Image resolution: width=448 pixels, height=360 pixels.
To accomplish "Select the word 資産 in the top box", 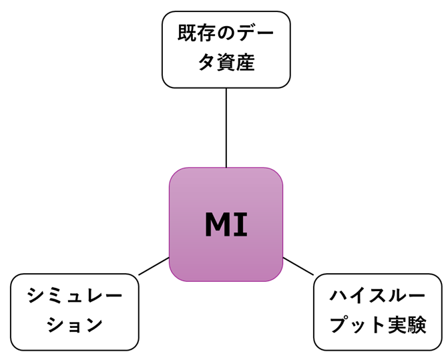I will (236, 63).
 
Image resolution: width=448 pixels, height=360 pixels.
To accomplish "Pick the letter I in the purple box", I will (241, 225).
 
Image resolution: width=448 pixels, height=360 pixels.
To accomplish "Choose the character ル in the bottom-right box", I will (398, 296).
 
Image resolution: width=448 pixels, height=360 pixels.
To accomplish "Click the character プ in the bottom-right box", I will (341, 325).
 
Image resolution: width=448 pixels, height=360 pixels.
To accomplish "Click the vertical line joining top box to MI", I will (226, 127).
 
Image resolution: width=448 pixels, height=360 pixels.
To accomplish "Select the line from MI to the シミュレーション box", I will (154, 266).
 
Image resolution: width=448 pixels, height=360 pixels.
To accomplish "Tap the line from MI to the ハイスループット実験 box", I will (298, 266).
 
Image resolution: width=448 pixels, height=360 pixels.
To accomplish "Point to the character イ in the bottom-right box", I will (358, 296).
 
